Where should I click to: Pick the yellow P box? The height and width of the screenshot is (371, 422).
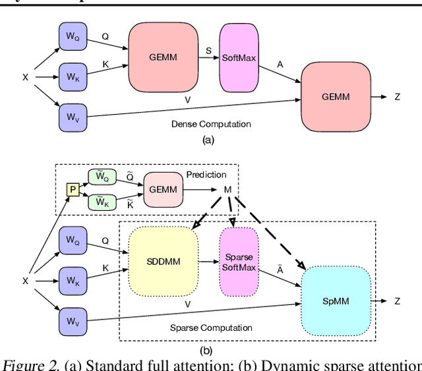pos(73,190)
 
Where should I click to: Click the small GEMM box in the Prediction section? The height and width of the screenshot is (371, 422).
pos(164,188)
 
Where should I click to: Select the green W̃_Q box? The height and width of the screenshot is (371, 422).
pos(102,177)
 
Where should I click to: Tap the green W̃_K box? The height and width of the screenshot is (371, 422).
pos(102,202)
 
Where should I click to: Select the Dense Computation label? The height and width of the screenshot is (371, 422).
pos(211,124)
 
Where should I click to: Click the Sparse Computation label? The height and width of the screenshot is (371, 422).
pos(211,328)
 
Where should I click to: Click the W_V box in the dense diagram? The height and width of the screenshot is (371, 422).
pos(71,117)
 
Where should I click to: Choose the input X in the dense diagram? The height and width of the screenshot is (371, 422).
pos(25,77)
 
